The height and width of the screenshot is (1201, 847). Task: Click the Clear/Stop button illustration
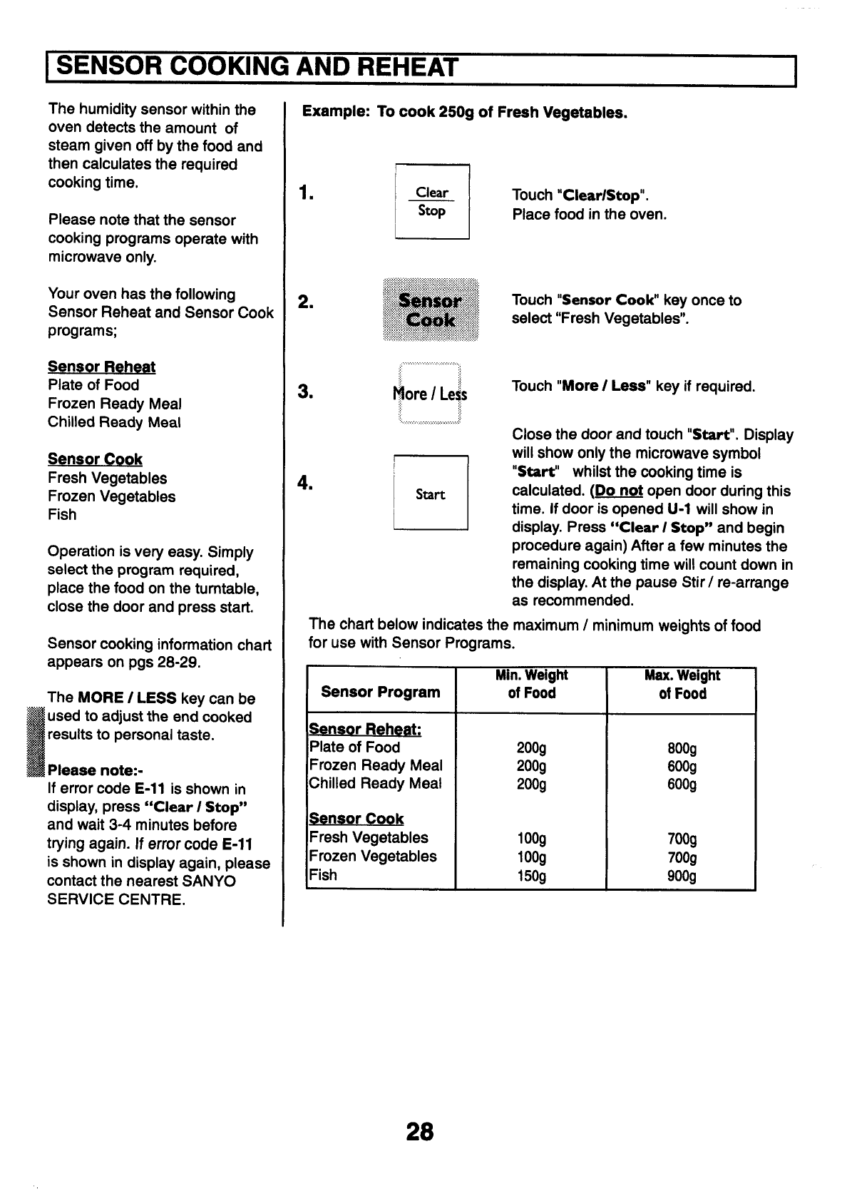431,202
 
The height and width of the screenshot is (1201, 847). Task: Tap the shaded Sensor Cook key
431,310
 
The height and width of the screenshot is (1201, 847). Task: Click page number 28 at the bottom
419,1133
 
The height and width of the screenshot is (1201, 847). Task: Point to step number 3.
307,392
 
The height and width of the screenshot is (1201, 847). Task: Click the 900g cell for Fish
682,876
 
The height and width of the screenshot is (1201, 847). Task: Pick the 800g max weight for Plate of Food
682,749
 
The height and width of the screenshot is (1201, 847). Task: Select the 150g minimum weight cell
531,876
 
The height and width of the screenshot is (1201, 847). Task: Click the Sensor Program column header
381,692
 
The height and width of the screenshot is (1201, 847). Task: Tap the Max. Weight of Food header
682,685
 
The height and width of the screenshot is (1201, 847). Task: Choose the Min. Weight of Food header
531,684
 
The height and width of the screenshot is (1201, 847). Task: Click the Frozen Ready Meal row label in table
376,765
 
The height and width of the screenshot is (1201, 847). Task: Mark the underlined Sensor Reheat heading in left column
101,367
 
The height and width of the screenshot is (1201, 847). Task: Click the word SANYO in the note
209,881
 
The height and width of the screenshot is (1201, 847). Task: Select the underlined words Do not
620,491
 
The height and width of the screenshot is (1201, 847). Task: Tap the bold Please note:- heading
95,770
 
